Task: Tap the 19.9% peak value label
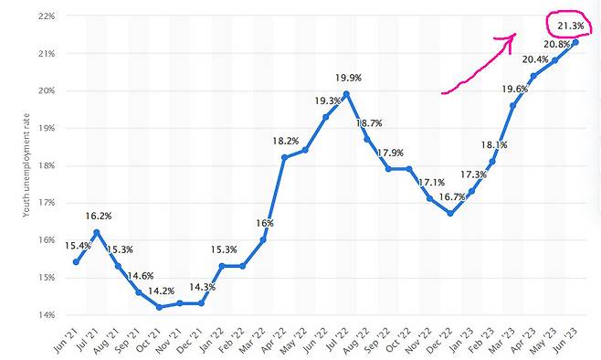point(347,77)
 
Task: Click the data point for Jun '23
point(575,42)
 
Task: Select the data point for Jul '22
point(347,93)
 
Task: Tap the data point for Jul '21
point(97,232)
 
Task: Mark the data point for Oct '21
point(160,307)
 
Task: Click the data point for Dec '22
point(450,213)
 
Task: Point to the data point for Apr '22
point(284,157)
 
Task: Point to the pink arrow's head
point(513,37)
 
